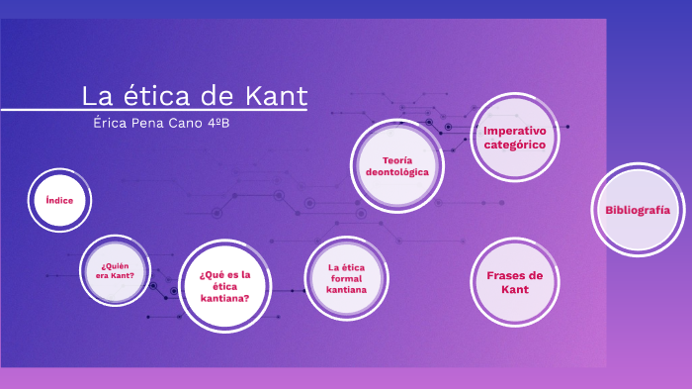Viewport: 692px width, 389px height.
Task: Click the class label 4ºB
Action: click(x=225, y=122)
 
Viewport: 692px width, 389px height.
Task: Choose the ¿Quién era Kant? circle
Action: click(x=115, y=269)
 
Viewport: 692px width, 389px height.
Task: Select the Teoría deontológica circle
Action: click(x=397, y=165)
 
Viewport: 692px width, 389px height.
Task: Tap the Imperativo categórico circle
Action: click(x=514, y=138)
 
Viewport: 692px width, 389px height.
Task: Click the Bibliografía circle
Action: click(x=638, y=210)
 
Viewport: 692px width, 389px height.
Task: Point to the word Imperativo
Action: click(x=514, y=130)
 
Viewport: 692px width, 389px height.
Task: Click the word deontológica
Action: click(x=397, y=172)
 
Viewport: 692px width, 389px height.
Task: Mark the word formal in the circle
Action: click(x=347, y=279)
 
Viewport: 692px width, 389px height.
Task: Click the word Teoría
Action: click(x=397, y=159)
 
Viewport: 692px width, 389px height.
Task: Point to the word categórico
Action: click(x=514, y=145)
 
